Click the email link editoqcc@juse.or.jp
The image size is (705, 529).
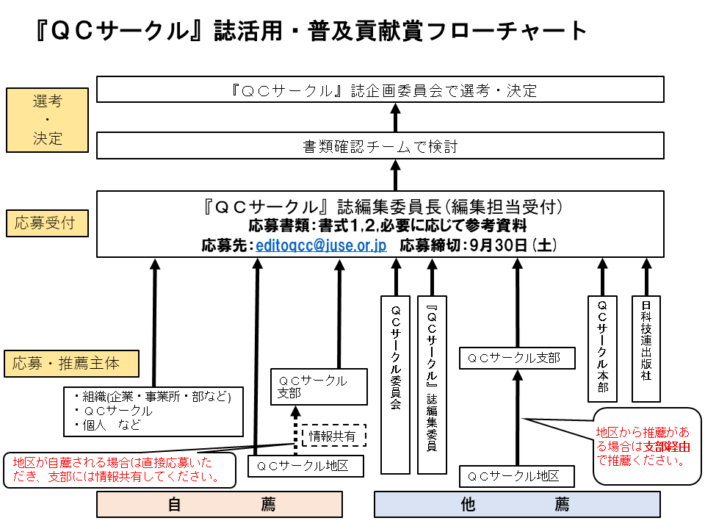321,245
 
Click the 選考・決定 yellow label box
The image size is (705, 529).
48,120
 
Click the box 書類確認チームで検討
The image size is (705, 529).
380,146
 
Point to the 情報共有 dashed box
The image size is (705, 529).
333,436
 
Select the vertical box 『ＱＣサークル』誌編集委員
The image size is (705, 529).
432,384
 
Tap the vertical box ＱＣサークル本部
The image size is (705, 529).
602,348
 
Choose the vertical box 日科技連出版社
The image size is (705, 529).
646,348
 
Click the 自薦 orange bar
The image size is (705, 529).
220,505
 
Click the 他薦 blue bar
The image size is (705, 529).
517,505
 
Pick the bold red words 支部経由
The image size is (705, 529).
667,446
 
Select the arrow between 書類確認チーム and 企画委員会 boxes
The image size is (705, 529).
395,117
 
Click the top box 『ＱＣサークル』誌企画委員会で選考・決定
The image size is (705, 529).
380,90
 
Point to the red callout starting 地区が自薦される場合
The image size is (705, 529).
120,469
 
